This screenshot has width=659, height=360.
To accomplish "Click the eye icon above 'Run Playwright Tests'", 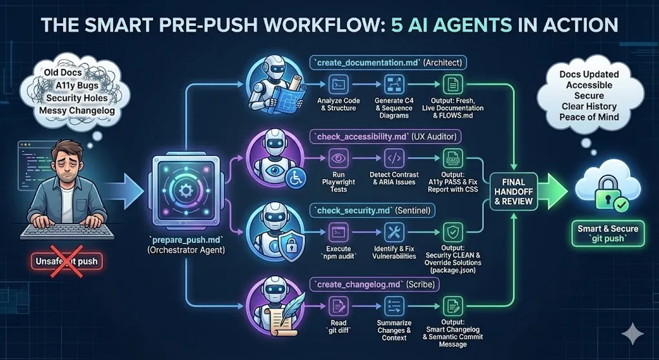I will tap(339, 158).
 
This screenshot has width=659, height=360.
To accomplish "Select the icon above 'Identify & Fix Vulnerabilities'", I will tap(393, 232).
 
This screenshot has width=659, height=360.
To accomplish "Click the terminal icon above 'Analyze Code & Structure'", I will tap(339, 84).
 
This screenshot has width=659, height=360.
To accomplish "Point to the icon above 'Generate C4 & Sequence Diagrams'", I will tap(393, 84).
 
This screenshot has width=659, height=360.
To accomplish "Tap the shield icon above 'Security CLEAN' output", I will tap(452, 232).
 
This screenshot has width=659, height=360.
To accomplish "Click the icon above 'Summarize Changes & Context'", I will tap(393, 306).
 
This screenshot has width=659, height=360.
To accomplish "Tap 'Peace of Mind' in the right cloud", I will tap(589, 117).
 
